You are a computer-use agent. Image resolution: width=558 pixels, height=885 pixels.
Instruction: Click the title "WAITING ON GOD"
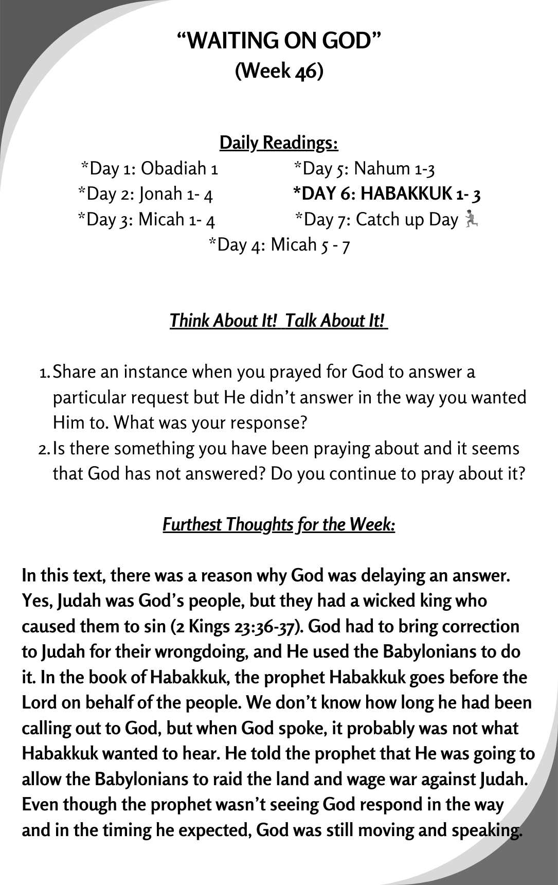pos(279,41)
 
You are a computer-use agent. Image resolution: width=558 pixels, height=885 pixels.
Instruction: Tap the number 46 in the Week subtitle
pos(307,71)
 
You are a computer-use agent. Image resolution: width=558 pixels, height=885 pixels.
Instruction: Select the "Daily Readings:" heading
pos(279,143)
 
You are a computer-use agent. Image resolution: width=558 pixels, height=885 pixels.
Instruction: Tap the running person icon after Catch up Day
pos(471,219)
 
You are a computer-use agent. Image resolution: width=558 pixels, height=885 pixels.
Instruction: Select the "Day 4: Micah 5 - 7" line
pos(279,244)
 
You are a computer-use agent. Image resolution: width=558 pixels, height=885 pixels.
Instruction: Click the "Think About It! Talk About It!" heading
pos(278,321)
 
